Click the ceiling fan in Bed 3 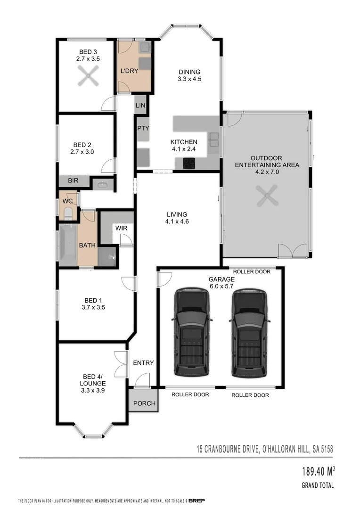tap(87, 76)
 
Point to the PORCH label tap(144, 403)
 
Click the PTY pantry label tap(143, 128)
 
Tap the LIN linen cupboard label tap(140, 106)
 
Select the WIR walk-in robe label tap(122, 229)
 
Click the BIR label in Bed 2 tap(73, 181)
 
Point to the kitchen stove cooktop tap(189, 163)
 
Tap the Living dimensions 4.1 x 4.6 tap(176, 222)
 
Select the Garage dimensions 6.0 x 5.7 tap(221, 286)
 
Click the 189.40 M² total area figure tap(316, 471)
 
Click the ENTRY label tap(143, 362)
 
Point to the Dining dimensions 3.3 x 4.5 tap(189, 79)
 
